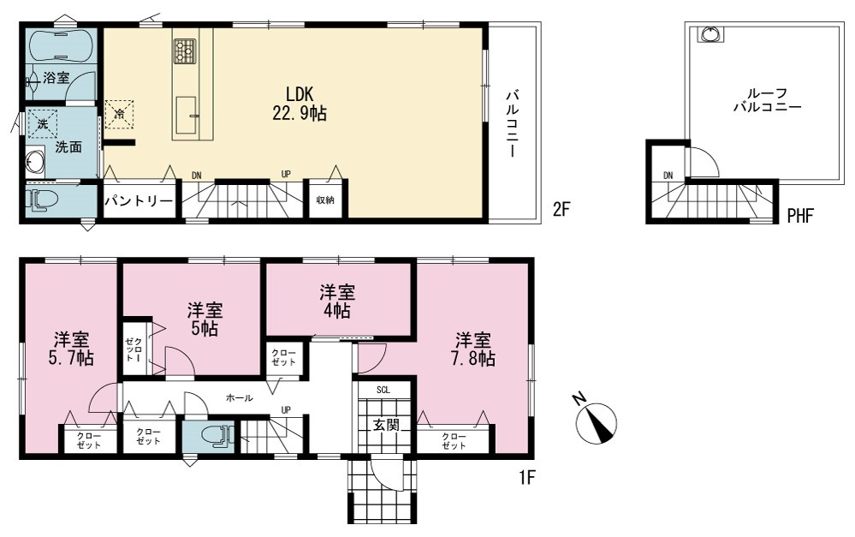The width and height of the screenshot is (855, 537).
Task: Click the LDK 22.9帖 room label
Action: pos(300,104)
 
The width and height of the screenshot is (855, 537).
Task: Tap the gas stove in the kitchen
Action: pos(185,50)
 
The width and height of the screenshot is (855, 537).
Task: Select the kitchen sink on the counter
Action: pos(186,115)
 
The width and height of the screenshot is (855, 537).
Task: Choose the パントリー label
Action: pos(139,200)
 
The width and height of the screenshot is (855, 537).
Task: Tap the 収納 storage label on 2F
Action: pos(325,200)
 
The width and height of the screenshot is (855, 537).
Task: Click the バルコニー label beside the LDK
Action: pos(512,123)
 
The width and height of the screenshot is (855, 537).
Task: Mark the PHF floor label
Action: pos(800,216)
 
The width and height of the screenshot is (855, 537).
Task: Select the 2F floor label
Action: pos(561,209)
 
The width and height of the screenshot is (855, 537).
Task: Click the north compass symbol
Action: pos(597,421)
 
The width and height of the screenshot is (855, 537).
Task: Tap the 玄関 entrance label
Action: pos(387,425)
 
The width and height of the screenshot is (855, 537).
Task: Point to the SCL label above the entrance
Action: pos(383,391)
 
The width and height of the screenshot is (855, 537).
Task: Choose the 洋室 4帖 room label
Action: pos(337,301)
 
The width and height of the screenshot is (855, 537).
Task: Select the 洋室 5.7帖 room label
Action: pos(73,349)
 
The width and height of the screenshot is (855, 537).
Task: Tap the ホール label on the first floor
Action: pos(240,398)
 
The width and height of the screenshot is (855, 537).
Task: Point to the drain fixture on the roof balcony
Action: pos(710,35)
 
